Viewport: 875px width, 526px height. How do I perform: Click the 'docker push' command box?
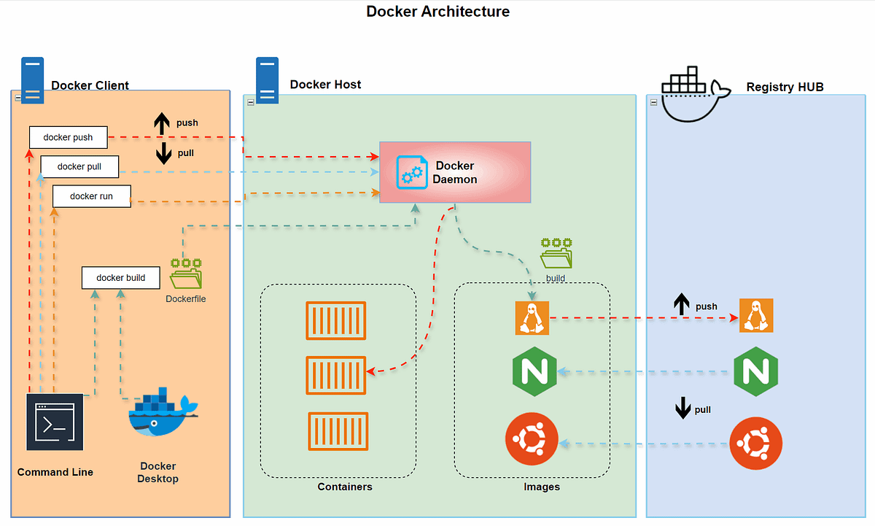(x=68, y=137)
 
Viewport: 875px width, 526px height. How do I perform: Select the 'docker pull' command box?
(x=79, y=166)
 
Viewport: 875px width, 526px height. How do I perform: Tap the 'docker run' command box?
(x=92, y=196)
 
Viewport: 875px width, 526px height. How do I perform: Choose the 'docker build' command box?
(x=121, y=278)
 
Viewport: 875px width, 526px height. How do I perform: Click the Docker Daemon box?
(x=455, y=172)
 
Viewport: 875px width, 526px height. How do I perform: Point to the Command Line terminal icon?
(x=55, y=422)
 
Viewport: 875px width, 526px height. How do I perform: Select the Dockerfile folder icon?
(x=186, y=274)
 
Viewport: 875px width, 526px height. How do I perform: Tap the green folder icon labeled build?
(x=556, y=255)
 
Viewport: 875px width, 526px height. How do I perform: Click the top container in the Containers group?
(x=336, y=320)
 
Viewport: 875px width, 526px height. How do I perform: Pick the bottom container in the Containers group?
(x=338, y=431)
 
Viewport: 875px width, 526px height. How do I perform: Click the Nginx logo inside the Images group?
(x=535, y=372)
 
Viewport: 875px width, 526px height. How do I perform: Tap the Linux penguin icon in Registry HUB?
(x=756, y=316)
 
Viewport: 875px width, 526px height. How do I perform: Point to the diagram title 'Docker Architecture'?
(x=437, y=12)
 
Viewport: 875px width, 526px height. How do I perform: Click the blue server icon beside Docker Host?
(x=267, y=81)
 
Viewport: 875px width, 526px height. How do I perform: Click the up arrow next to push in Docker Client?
(x=161, y=124)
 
